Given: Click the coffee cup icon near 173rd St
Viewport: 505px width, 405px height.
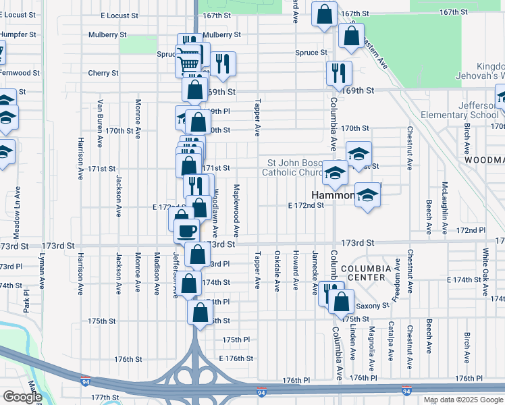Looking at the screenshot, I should click(186, 230).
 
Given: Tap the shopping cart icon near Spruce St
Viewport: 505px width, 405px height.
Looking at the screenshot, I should click(187, 63).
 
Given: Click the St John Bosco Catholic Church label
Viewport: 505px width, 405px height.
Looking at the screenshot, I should click(296, 167).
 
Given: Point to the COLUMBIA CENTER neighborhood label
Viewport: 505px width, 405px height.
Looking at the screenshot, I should click(365, 272).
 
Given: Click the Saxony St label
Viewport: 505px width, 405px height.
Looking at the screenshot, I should click(376, 305).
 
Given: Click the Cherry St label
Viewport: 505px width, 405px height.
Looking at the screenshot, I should click(103, 73).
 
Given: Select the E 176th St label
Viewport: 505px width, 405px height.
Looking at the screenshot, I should click(236, 358).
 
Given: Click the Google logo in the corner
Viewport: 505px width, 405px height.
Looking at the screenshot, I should click(22, 397).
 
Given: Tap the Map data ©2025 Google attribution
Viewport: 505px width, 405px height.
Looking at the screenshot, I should click(463, 400).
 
